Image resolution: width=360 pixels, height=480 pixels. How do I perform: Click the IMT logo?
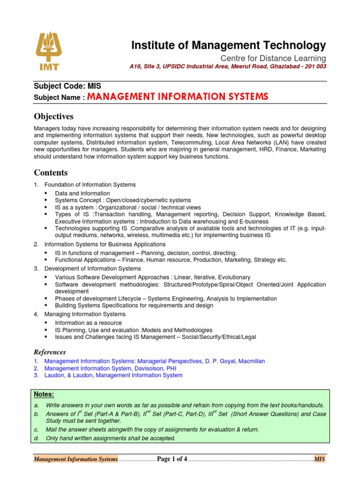coord(49,52)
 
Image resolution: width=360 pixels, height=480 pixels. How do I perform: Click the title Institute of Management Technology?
coord(228,45)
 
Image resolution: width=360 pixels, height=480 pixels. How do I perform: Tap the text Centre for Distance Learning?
coord(273,58)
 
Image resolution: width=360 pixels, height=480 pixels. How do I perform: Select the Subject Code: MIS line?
coord(67,86)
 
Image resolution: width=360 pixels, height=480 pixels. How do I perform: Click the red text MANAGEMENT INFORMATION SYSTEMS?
coord(178,97)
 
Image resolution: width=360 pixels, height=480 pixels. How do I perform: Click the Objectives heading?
coord(53,116)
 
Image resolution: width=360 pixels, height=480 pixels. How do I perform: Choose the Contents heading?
coord(51,172)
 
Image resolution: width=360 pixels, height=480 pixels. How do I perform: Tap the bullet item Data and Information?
coord(82,193)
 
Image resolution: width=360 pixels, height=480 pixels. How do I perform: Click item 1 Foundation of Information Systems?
coord(90,185)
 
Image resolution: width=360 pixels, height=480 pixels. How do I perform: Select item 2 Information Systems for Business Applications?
coord(105,244)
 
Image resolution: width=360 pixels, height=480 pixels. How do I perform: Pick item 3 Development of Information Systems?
coord(92,269)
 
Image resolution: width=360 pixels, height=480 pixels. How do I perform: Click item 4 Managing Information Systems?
coord(85,314)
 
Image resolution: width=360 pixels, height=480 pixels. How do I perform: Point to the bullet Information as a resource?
coord(88,323)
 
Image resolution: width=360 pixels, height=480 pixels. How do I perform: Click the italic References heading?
coord(50,352)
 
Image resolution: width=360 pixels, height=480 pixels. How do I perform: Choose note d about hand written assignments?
coord(110,438)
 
